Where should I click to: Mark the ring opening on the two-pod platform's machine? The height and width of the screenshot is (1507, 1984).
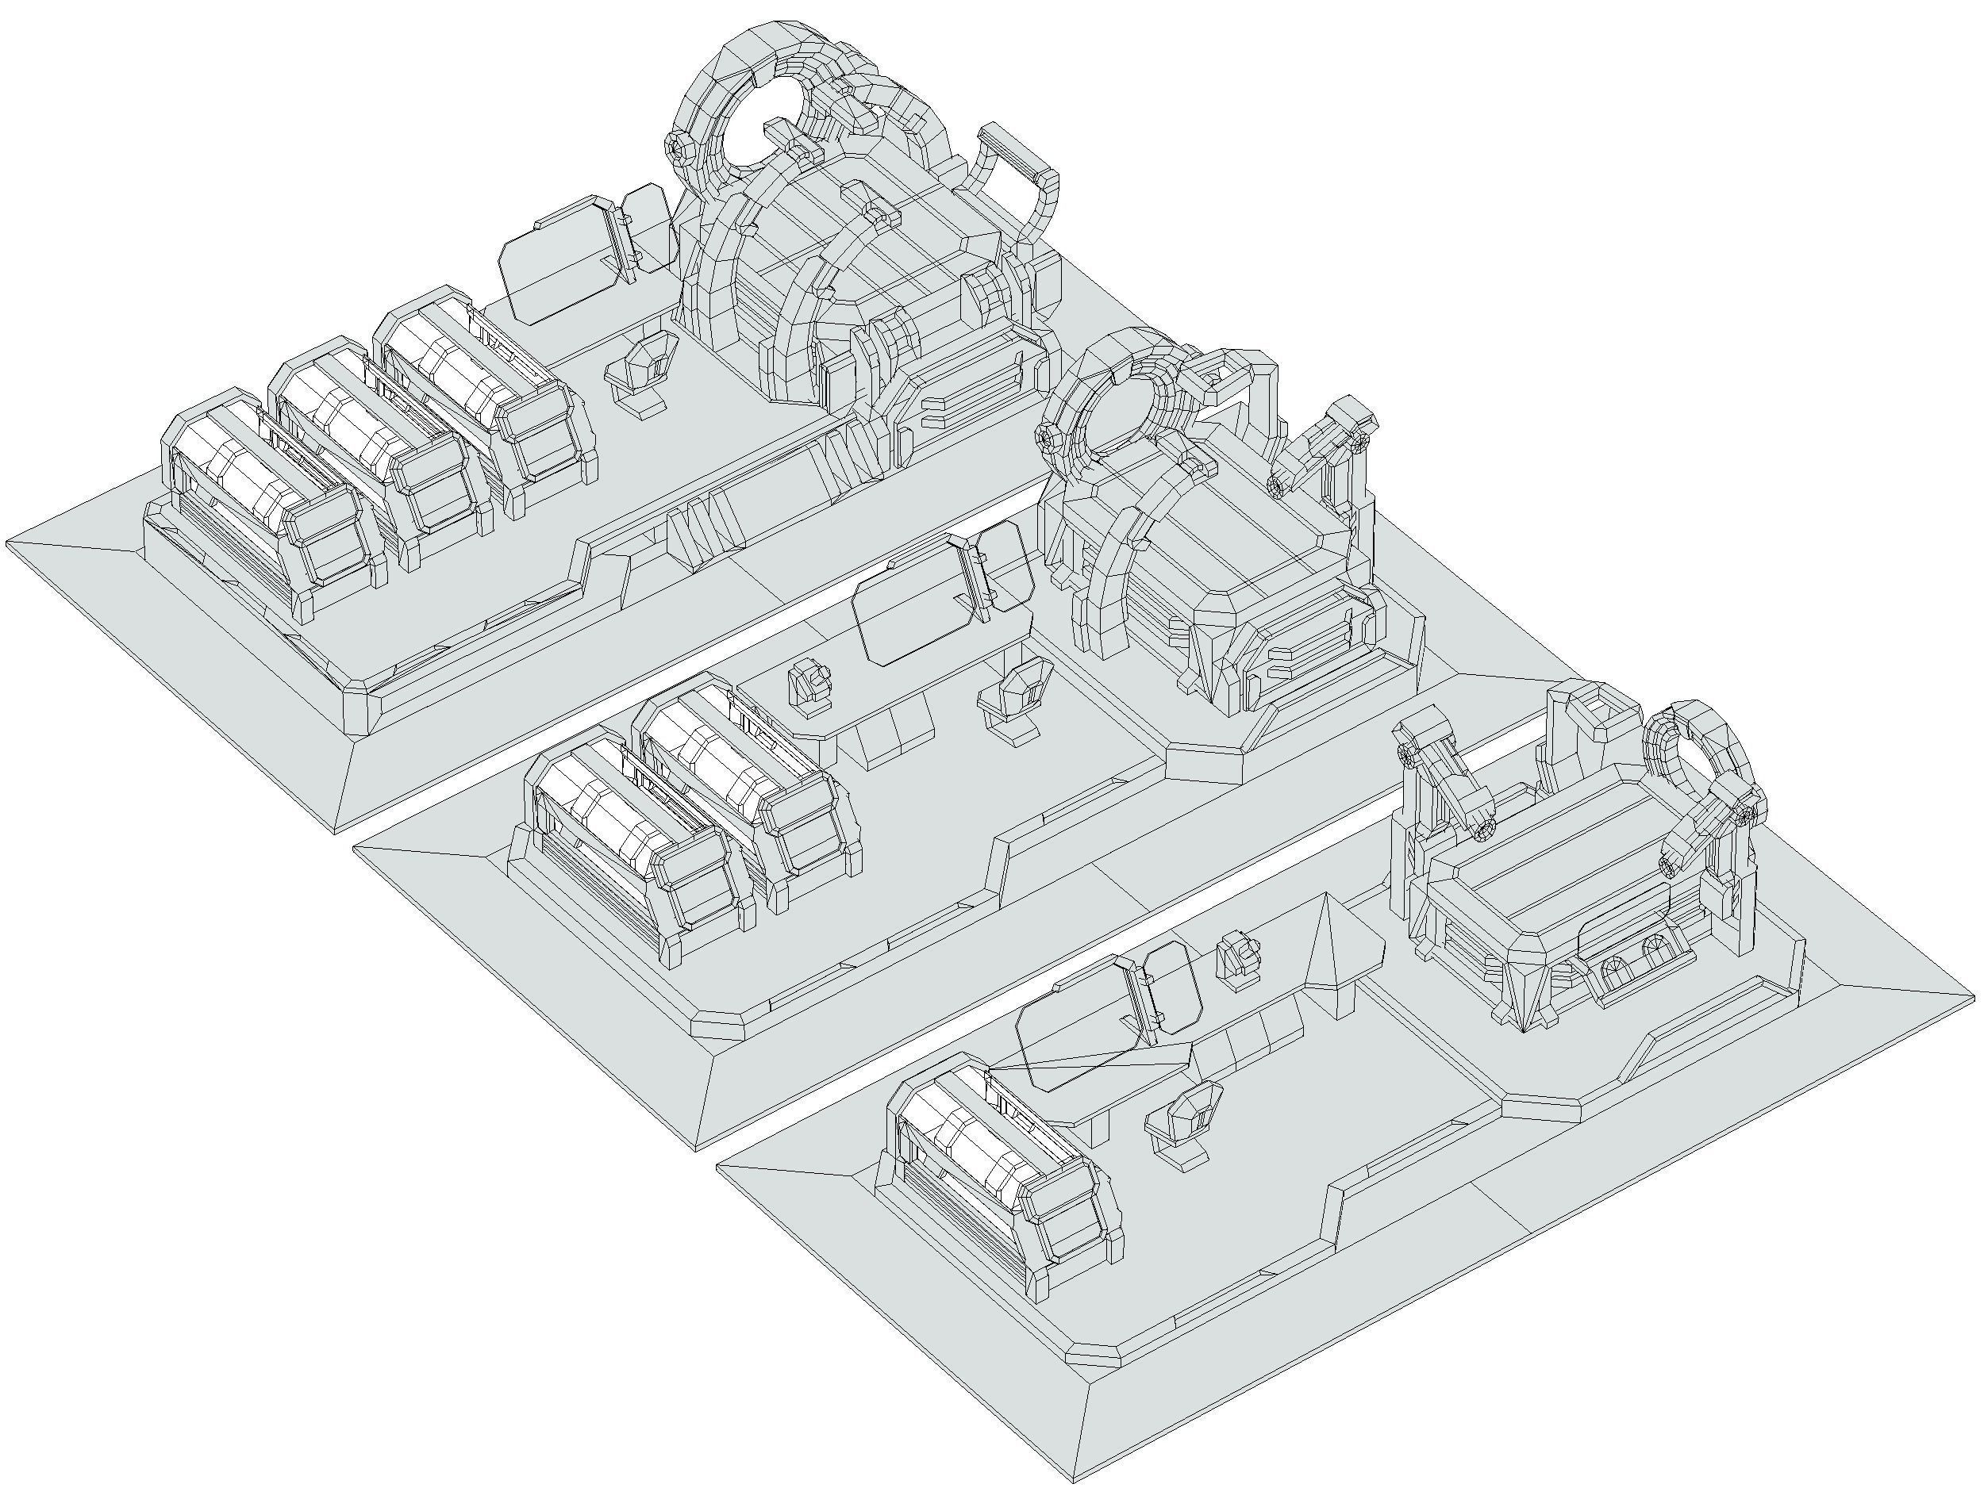(x=1121, y=417)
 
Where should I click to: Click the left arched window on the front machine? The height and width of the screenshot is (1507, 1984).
(x=1612, y=974)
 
